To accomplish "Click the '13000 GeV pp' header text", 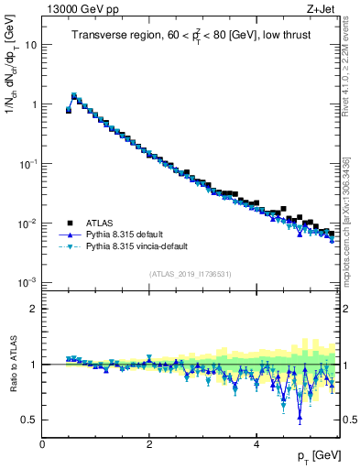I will pyautogui.click(x=83, y=10).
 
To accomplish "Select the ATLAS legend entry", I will pyautogui.click(x=101, y=223).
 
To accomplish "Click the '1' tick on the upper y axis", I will pyautogui.click(x=33, y=104).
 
